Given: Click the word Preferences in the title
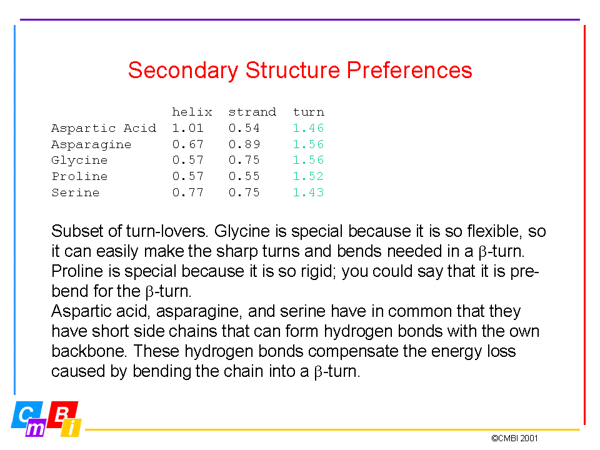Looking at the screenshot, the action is (x=409, y=70).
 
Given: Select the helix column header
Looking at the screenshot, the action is (x=192, y=112).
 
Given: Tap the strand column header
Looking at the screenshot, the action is (x=252, y=112).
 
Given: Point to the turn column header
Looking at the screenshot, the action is (x=308, y=112).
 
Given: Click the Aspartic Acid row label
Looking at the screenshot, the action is (x=104, y=127).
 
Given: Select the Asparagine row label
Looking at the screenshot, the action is (x=91, y=144).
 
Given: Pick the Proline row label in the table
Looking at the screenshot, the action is (x=79, y=176).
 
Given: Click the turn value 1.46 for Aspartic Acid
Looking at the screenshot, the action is (x=308, y=127).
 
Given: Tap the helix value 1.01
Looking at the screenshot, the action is (x=188, y=127).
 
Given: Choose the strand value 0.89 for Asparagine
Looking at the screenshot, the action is (x=244, y=144).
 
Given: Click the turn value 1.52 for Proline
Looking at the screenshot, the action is (x=308, y=176).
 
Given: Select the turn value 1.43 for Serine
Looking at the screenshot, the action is (x=308, y=192).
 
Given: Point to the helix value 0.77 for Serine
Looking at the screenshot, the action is (x=188, y=192).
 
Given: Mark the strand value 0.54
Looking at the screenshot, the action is (x=244, y=127).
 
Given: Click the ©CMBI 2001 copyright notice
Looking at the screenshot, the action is (x=514, y=438).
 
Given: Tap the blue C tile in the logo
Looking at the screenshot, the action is (x=26, y=414).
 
